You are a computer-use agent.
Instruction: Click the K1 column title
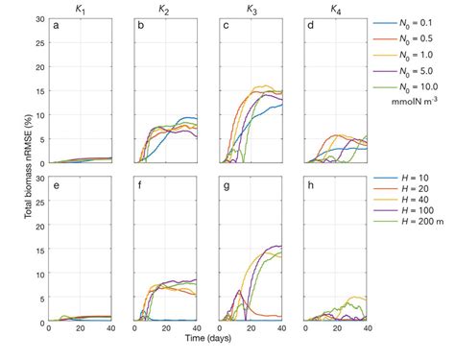[x=82, y=9]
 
